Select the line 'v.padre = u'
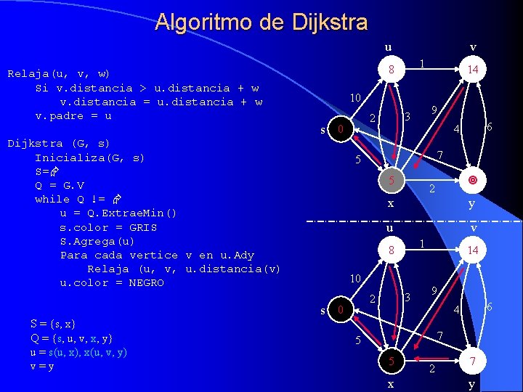(x=73, y=115)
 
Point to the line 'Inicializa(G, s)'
(x=89, y=157)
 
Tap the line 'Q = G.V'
(x=60, y=185)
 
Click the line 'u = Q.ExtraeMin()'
(x=118, y=213)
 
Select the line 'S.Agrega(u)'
(x=97, y=241)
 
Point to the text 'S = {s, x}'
(x=53, y=323)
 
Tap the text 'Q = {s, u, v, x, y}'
(x=71, y=338)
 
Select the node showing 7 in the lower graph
(x=472, y=362)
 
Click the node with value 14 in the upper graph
(x=472, y=70)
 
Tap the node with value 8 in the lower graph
(x=391, y=250)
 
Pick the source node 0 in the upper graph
(x=338, y=130)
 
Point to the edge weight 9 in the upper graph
(x=433, y=110)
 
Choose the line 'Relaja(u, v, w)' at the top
(x=58, y=73)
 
